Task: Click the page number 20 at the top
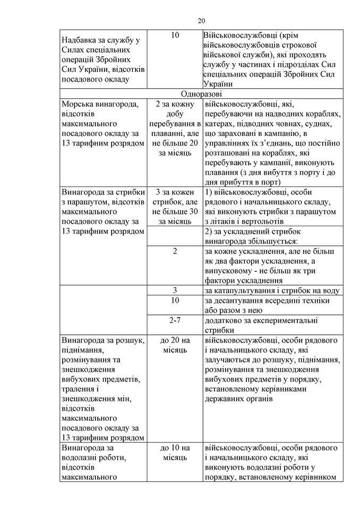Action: (x=201, y=21)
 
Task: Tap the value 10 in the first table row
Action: (x=175, y=36)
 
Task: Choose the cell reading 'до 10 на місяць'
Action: (x=175, y=452)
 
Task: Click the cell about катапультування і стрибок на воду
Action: (x=271, y=291)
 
